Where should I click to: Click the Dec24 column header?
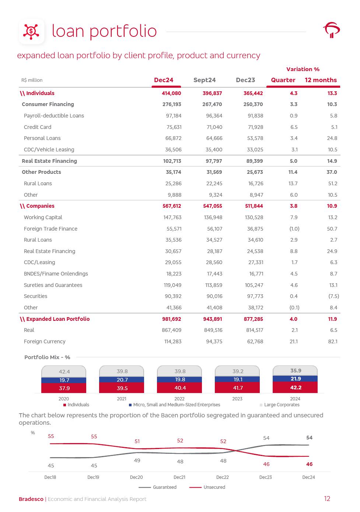point(164,80)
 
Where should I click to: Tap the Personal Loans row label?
point(42,138)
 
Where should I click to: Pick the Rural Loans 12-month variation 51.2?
point(332,183)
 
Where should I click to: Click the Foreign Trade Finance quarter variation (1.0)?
point(294,229)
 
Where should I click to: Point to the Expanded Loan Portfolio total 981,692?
point(172,319)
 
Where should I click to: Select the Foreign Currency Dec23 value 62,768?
point(255,341)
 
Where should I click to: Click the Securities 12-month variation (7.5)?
point(333,296)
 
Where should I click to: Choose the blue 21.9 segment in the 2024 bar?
point(295,379)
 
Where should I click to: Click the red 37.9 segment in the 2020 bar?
point(64,388)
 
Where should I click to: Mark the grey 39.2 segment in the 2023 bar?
point(238,371)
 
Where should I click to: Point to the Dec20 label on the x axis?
point(136,477)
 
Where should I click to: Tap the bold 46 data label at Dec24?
point(309,464)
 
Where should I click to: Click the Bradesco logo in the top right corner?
point(331,30)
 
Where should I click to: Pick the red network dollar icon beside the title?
point(31,31)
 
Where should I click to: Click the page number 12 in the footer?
point(327,499)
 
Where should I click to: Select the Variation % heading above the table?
point(303,69)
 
